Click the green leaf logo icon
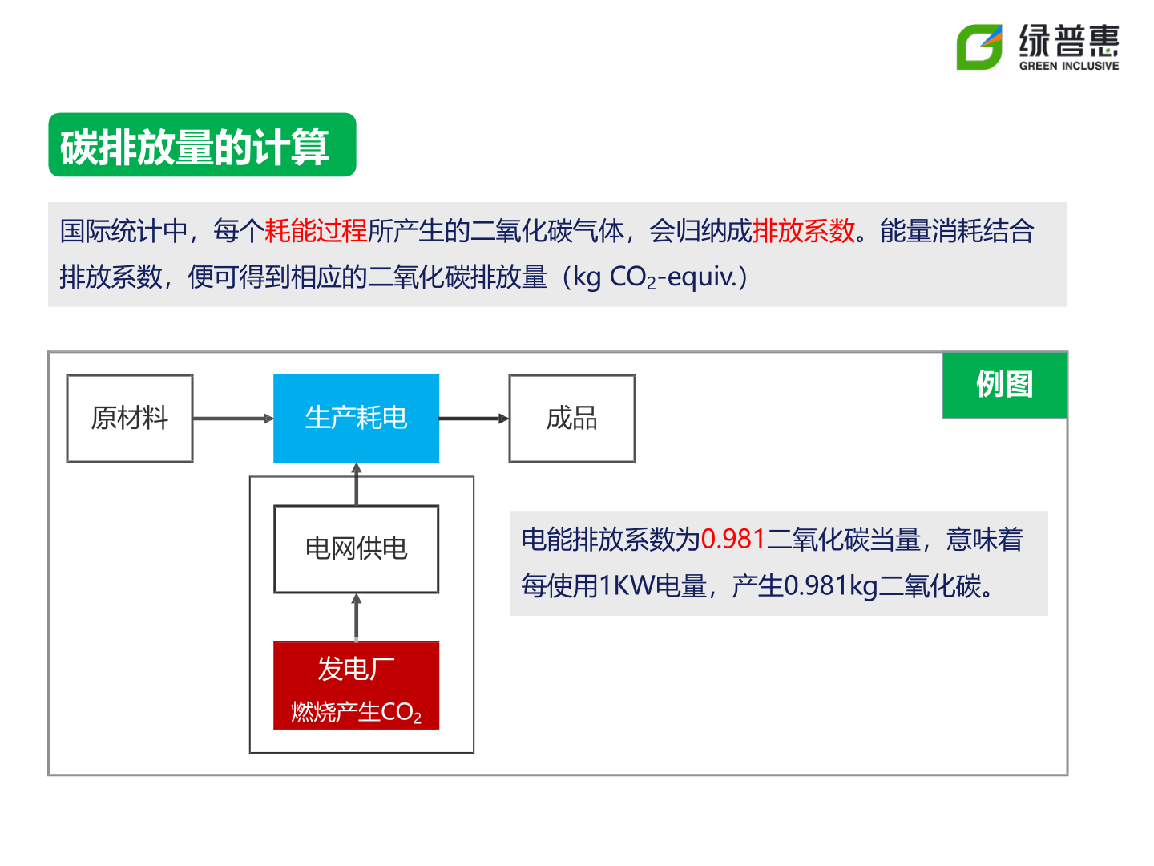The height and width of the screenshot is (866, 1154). (978, 47)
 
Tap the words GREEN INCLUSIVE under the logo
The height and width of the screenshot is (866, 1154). (1068, 66)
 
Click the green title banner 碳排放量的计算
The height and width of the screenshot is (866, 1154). (202, 144)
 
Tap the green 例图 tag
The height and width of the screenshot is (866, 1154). (1004, 384)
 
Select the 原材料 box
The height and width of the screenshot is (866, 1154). (130, 418)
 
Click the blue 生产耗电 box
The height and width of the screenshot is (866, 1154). (356, 418)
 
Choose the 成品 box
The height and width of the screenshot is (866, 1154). (571, 418)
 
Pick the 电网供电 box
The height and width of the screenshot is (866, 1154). (356, 548)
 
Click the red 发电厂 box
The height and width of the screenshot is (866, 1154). (356, 685)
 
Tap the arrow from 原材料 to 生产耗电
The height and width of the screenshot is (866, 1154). (233, 418)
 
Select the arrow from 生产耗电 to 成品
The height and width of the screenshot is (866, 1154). (474, 418)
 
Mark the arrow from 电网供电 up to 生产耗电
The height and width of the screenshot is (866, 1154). (356, 484)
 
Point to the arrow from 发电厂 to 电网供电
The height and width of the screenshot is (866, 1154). (356, 617)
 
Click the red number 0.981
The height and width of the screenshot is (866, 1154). (732, 539)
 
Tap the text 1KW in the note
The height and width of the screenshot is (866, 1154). (627, 585)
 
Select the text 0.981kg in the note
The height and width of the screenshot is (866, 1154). (831, 585)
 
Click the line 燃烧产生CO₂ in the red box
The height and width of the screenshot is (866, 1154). (356, 712)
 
